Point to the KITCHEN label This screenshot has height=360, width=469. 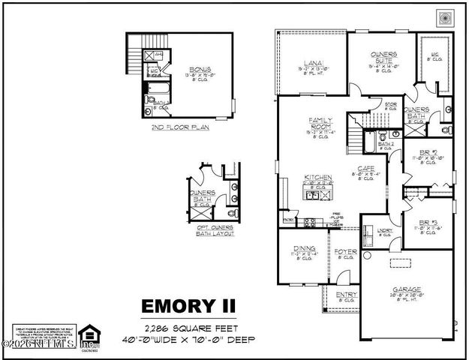(x=317, y=178)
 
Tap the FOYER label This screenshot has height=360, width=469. (x=345, y=251)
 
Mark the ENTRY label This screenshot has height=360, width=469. (x=346, y=295)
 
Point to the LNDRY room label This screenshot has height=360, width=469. (x=384, y=231)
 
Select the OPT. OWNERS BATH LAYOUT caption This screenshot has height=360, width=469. (x=210, y=230)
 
